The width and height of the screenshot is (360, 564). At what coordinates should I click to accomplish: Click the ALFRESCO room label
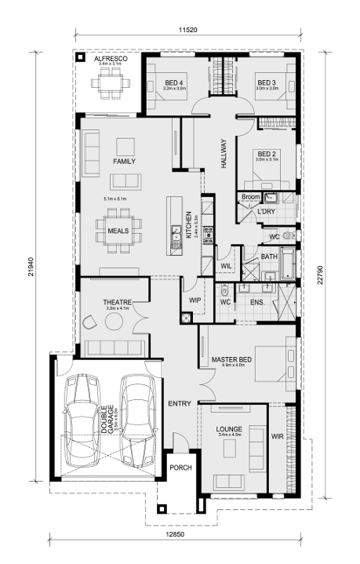(110, 59)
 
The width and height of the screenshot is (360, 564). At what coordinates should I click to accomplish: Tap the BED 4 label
(173, 82)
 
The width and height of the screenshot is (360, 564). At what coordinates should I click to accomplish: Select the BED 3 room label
(267, 82)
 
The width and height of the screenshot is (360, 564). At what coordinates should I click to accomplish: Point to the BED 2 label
(267, 153)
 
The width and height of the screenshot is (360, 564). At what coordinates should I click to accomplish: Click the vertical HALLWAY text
(224, 153)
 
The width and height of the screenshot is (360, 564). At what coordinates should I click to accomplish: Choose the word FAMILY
(124, 161)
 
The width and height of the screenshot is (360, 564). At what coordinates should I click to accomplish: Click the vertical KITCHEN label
(188, 224)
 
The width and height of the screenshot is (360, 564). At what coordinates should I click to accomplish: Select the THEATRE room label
(115, 302)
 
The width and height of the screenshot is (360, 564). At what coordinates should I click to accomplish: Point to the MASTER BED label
(231, 359)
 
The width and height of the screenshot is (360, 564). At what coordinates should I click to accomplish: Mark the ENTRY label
(180, 403)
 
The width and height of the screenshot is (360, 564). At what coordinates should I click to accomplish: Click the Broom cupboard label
(250, 196)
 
